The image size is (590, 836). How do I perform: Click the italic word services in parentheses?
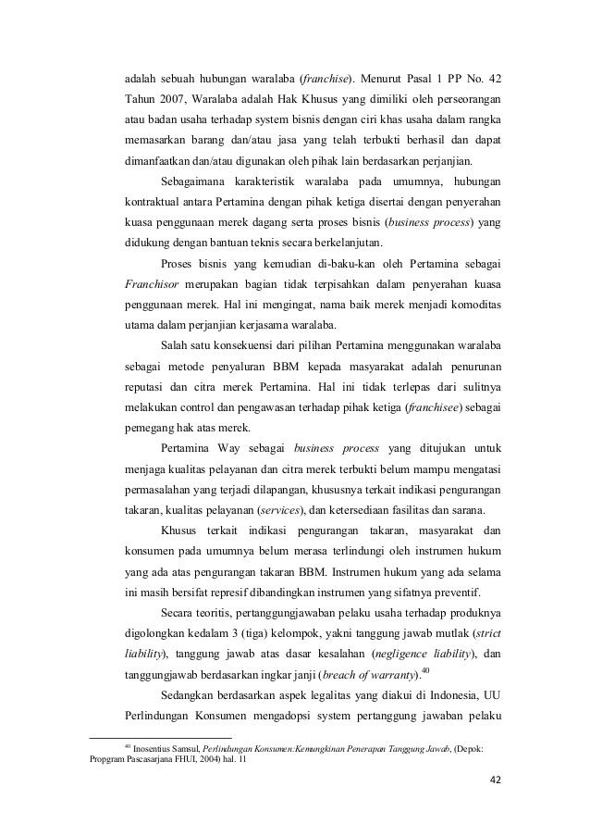click(x=284, y=510)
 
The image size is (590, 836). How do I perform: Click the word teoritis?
click(x=215, y=613)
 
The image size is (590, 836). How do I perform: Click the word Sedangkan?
click(x=191, y=695)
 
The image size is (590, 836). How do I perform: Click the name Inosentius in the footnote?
click(x=154, y=748)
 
